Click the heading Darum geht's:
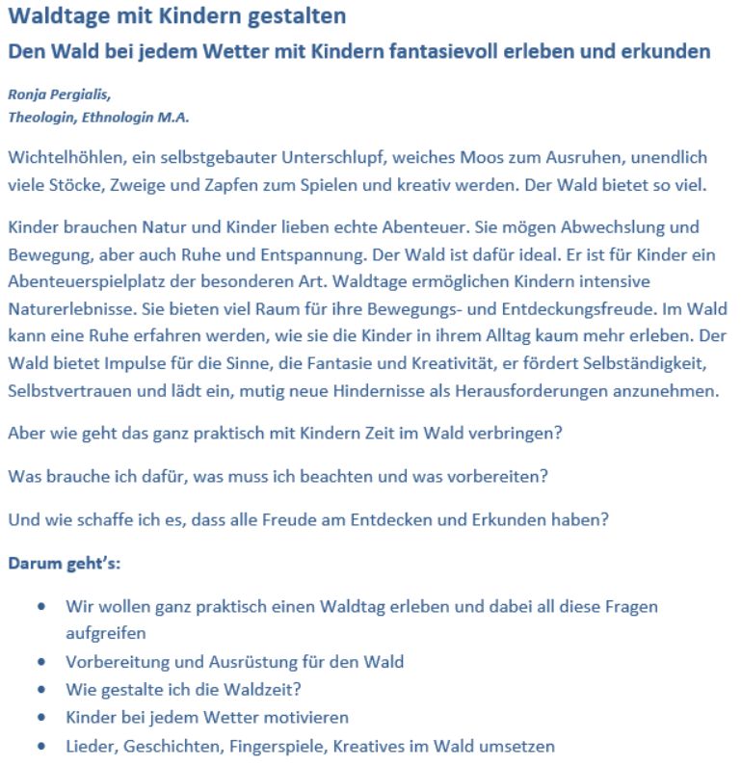coord(64,564)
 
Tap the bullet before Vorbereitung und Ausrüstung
coord(40,663)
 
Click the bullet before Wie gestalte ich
coord(40,691)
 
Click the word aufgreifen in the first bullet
coord(105,634)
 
